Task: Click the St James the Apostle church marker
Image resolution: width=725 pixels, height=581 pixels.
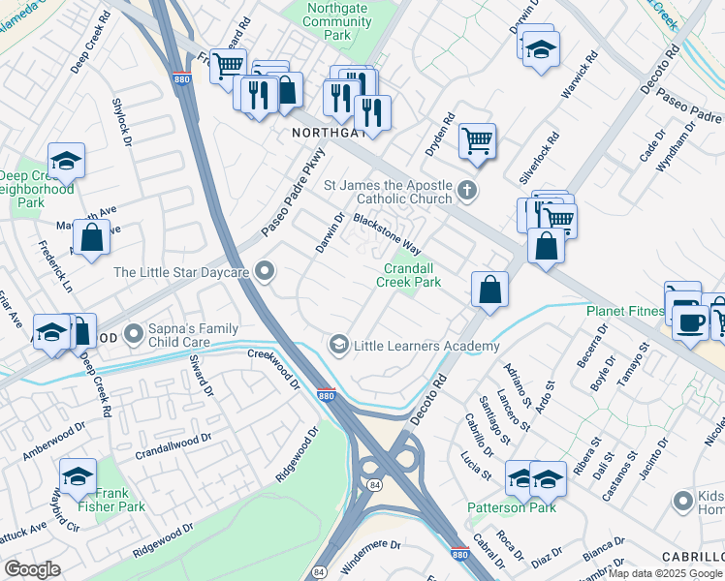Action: tap(467, 190)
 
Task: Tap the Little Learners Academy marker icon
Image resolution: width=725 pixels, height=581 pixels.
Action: tap(338, 345)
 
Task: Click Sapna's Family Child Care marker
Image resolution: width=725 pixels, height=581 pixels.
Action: tap(132, 335)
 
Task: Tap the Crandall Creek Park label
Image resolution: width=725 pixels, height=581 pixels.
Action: tap(413, 275)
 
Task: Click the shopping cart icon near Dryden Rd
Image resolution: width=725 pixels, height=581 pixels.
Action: tap(477, 140)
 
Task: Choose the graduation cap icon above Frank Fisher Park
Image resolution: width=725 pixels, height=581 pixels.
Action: tap(78, 475)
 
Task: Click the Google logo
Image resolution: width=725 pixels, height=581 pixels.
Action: tap(32, 569)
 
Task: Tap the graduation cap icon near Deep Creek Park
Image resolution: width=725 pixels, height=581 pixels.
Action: tap(66, 161)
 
